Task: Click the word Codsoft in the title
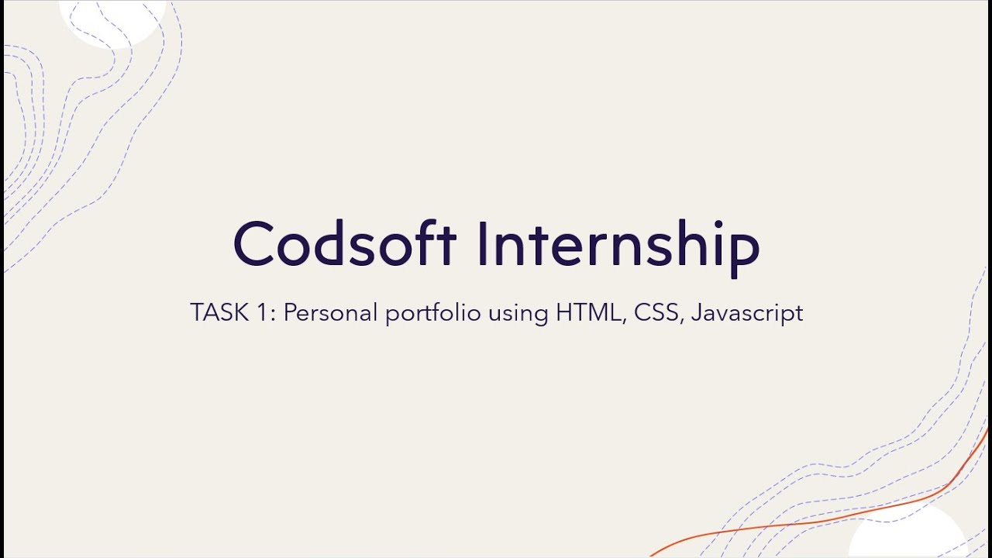(344, 244)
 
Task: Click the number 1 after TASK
(265, 313)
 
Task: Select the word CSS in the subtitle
(658, 313)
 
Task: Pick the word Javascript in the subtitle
(747, 313)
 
